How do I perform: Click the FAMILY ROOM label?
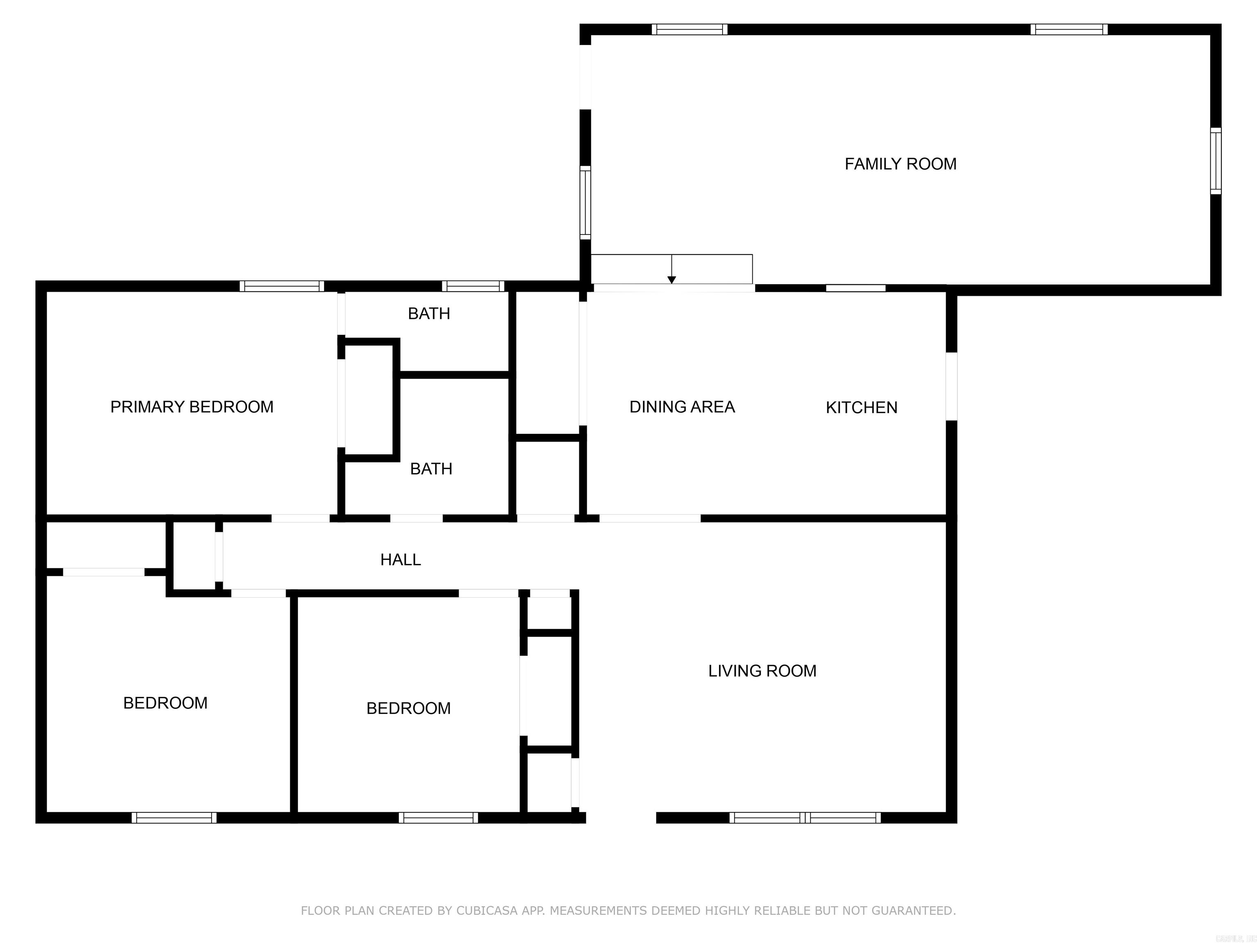click(x=900, y=164)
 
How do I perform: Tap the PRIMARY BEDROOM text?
click(x=191, y=407)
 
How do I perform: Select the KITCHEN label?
click(x=861, y=408)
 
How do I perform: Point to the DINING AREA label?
click(x=682, y=407)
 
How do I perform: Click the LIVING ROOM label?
click(x=761, y=671)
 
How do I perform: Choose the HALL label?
click(x=400, y=560)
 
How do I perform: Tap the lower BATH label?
click(x=431, y=469)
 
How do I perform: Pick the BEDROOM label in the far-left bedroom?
click(x=165, y=703)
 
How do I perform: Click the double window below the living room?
click(x=805, y=818)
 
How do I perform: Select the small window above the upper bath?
click(x=473, y=286)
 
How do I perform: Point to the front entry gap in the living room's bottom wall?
click(x=621, y=818)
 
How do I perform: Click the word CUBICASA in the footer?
click(x=487, y=911)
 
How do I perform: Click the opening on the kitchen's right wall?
click(x=951, y=386)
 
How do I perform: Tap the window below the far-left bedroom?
click(x=174, y=818)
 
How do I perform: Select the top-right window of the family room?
click(x=1068, y=29)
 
